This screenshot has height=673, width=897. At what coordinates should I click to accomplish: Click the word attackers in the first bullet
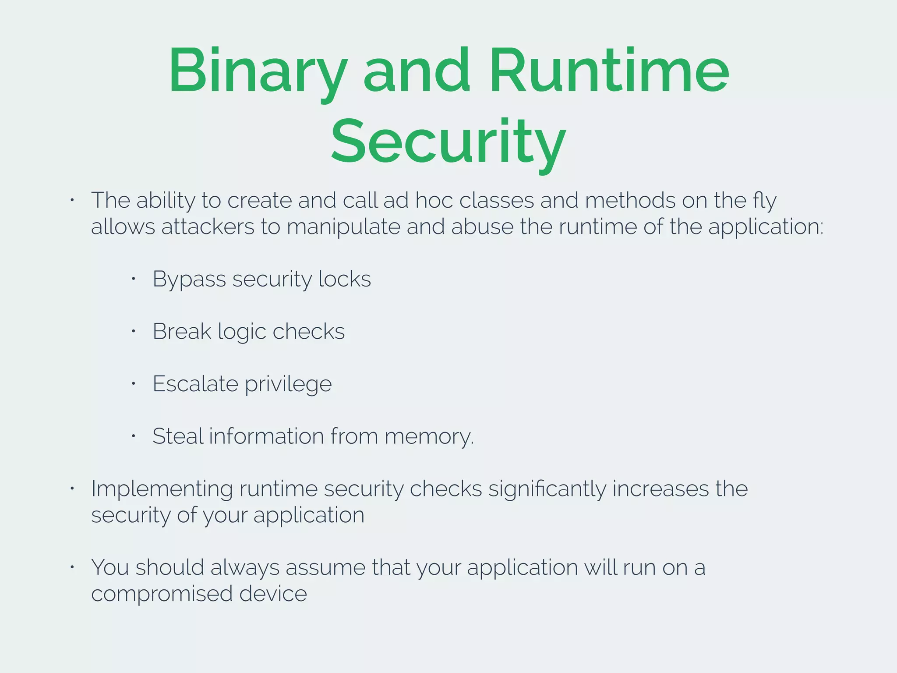click(x=208, y=227)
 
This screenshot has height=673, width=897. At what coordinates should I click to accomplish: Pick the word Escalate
click(x=195, y=384)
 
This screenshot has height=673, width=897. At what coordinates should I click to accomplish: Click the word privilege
click(x=288, y=385)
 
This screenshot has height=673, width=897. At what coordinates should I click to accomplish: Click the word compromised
click(x=162, y=595)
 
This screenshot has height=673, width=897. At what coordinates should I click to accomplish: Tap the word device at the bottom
click(x=273, y=594)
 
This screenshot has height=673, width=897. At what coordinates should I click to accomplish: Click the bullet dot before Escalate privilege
click(x=134, y=384)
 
